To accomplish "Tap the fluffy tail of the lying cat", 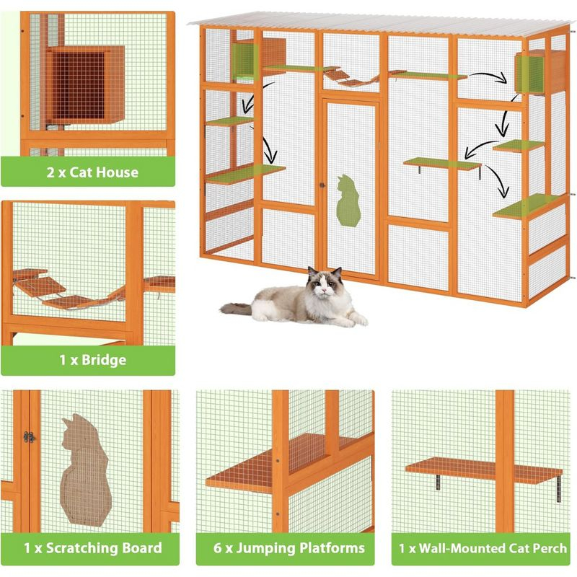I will tap(238, 309).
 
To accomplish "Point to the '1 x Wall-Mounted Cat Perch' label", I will tap(483, 548).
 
